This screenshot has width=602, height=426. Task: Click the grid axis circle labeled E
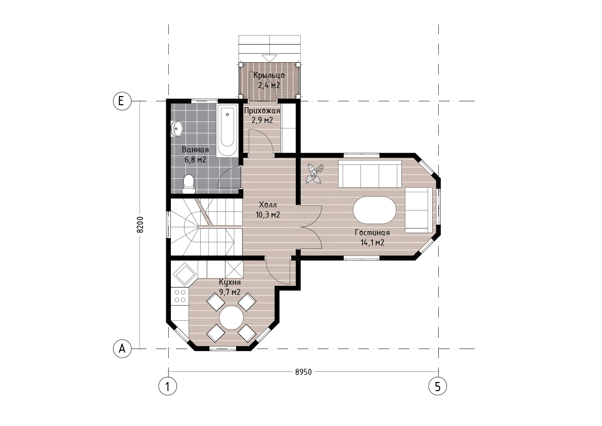click(x=122, y=101)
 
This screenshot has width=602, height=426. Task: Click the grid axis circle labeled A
click(x=122, y=349)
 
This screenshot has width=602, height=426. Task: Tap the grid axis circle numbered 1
click(x=168, y=386)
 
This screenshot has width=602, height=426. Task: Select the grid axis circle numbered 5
click(x=438, y=386)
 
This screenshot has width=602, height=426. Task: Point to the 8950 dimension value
click(x=303, y=372)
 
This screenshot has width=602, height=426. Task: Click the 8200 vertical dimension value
click(x=140, y=225)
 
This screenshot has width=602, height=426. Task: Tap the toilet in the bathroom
click(x=189, y=184)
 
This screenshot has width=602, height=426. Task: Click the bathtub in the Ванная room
click(x=227, y=131)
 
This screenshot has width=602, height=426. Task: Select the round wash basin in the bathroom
click(x=176, y=129)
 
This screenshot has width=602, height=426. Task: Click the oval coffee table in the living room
click(x=375, y=210)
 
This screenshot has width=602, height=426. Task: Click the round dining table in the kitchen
click(x=231, y=317)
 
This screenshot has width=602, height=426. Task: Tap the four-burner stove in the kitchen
click(x=180, y=296)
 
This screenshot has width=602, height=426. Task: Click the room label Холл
click(x=267, y=204)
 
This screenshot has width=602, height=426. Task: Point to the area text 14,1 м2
click(x=373, y=242)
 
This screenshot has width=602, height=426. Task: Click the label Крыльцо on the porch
click(x=269, y=75)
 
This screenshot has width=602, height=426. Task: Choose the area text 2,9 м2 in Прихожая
click(x=262, y=120)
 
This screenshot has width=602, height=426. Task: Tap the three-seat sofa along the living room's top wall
click(x=369, y=174)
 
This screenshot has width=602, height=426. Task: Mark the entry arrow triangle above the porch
click(x=269, y=58)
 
